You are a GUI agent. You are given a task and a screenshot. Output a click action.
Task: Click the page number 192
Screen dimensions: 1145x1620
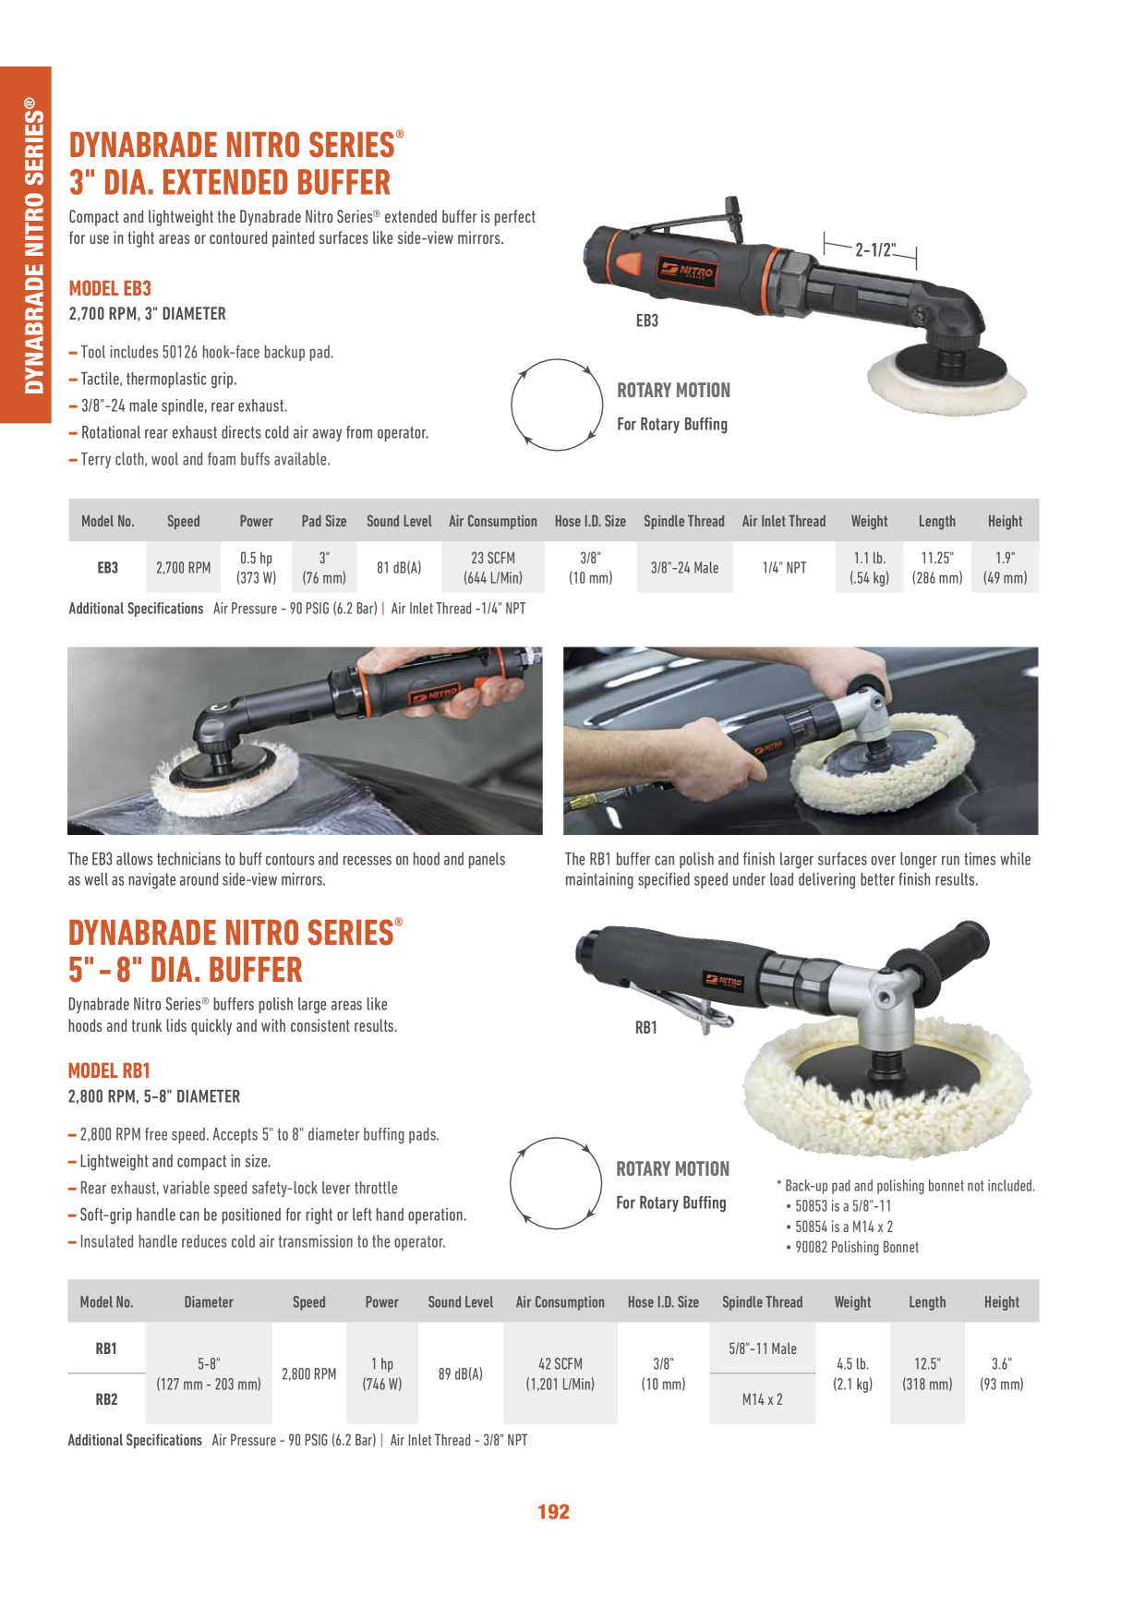(553, 1512)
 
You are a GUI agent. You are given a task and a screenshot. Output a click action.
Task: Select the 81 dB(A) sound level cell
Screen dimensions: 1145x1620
(399, 568)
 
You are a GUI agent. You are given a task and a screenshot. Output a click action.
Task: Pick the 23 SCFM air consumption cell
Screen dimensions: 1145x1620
(493, 568)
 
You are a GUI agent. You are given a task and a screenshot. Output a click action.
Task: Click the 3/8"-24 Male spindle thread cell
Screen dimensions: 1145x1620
(684, 568)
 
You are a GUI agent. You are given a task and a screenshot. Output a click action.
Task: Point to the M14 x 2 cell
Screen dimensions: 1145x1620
(763, 1399)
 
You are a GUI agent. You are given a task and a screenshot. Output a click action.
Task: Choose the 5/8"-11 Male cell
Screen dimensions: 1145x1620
(763, 1348)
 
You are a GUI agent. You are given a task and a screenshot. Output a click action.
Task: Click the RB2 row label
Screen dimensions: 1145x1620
(106, 1399)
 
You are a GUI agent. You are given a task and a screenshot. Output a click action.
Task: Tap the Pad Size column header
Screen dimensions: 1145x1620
(324, 521)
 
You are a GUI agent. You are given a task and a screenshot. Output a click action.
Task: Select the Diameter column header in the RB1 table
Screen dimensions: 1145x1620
(209, 1302)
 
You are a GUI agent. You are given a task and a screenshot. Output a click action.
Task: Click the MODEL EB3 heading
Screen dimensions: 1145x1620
(110, 288)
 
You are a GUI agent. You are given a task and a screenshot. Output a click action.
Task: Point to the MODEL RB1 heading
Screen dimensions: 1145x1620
(109, 1070)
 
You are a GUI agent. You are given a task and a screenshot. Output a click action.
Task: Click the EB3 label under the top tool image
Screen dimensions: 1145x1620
(647, 320)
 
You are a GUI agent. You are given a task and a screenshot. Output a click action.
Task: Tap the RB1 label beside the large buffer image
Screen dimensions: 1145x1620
(646, 1027)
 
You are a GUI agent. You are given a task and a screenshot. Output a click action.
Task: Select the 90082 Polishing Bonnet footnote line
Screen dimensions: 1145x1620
(852, 1247)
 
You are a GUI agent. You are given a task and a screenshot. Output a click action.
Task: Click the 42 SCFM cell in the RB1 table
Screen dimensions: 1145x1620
(560, 1373)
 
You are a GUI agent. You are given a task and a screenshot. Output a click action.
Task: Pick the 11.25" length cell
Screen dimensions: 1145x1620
(937, 568)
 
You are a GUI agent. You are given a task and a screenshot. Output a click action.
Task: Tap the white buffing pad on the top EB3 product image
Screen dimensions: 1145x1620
(946, 381)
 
